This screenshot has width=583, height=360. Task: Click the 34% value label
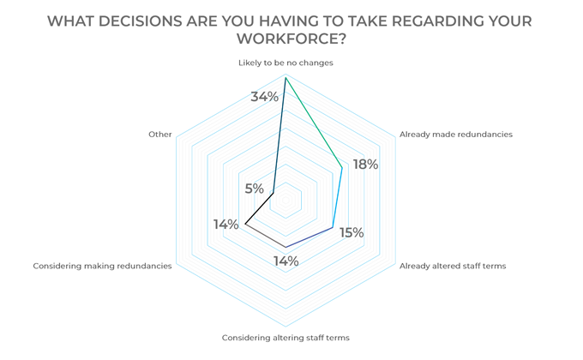pos(264,97)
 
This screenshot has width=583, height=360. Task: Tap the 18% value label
pos(365,165)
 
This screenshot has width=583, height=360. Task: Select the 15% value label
pos(351,232)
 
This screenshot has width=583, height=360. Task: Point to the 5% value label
pos(254,189)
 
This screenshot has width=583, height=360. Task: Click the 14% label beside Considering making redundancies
pos(226,225)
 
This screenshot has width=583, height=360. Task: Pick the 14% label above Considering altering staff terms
pos(285,261)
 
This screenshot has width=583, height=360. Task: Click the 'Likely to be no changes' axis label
pos(285,63)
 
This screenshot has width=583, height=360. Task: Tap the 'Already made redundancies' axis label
pos(455,135)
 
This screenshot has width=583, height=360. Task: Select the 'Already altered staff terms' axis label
pos(453,266)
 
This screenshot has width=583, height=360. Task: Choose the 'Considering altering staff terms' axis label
pos(285,338)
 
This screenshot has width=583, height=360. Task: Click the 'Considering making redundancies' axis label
pos(102,266)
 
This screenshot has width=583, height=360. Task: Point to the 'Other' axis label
pos(160,135)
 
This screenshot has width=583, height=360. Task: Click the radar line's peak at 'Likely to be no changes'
pos(285,77)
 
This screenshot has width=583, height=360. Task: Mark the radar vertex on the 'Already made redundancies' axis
pos(342,166)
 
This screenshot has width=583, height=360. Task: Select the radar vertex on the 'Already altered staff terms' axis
pos(333,227)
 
